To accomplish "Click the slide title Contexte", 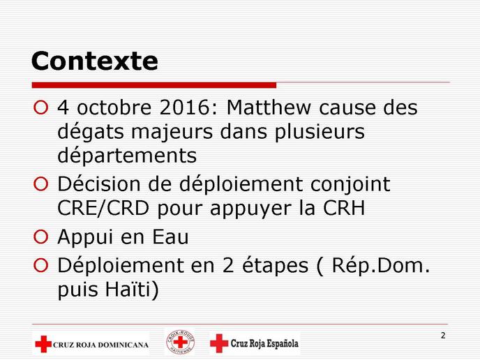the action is tap(95, 61).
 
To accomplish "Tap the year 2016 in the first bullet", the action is tap(184, 107).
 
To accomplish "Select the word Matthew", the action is tap(269, 107).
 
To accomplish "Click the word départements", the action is tap(127, 155).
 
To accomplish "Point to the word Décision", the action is tap(99, 184).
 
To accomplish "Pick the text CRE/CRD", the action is tap(103, 208).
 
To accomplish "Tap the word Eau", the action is tap(170, 237).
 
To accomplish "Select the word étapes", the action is tap(275, 265).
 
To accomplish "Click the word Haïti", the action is tap(128, 289).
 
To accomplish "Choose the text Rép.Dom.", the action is tap(381, 265).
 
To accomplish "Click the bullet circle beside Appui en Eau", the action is tap(40, 237).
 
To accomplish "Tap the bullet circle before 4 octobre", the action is tap(40, 107).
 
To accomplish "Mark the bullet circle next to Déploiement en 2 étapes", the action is tap(40, 265).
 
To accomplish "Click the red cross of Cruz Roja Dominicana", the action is tap(43, 344).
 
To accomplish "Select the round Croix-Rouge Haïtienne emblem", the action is tap(180, 342).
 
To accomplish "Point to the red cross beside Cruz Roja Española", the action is tap(219, 343).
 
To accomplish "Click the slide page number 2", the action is tap(443, 336).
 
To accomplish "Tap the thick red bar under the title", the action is tap(154, 85).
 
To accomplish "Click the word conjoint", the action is tap(350, 185).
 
